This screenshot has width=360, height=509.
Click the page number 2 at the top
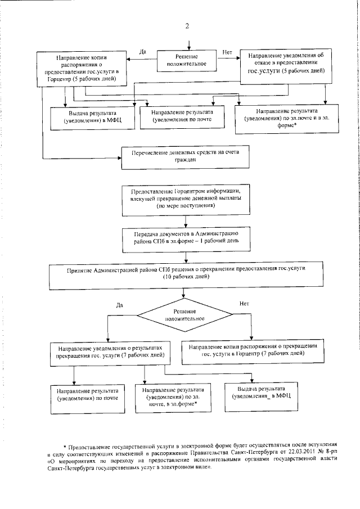pyautogui.click(x=187, y=26)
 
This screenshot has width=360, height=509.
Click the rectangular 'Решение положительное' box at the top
pyautogui.click(x=187, y=61)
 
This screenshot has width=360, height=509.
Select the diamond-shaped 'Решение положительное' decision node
pyautogui.click(x=184, y=315)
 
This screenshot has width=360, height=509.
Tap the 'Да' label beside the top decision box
pyautogui.click(x=142, y=52)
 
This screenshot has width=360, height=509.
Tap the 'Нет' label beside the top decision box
pyautogui.click(x=227, y=52)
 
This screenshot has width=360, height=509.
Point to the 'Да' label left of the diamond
pyautogui.click(x=119, y=305)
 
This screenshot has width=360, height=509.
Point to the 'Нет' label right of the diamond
pyautogui.click(x=244, y=304)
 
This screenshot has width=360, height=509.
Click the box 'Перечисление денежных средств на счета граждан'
pyautogui.click(x=186, y=157)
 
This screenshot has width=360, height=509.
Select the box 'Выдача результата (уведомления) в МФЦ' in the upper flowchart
pyautogui.click(x=92, y=118)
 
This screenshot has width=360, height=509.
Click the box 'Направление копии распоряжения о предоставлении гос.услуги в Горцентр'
pyautogui.click(x=81, y=69)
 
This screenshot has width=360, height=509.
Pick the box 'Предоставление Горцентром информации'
pyautogui.click(x=186, y=200)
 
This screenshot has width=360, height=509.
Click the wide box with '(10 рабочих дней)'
pyautogui.click(x=186, y=276)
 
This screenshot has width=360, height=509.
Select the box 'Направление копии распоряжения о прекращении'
pyautogui.click(x=253, y=352)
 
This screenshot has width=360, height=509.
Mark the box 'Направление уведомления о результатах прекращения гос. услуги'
pyautogui.click(x=110, y=354)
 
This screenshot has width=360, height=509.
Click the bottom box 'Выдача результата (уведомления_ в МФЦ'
pyautogui.click(x=262, y=396)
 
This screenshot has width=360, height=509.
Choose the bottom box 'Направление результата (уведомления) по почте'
pyautogui.click(x=88, y=399)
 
